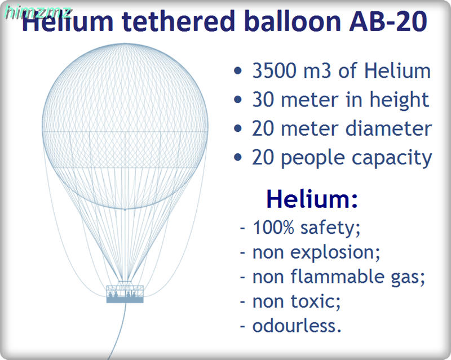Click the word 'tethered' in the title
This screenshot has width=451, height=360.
[178, 21]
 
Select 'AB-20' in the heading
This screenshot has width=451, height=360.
[388, 21]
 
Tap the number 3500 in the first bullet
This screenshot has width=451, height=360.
[274, 70]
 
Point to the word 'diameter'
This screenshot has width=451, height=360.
[388, 128]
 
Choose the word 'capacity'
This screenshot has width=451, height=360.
[392, 159]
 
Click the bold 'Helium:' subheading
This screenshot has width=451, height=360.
[312, 199]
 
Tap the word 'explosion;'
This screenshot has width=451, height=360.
[335, 253]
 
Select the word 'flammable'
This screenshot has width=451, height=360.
[337, 276]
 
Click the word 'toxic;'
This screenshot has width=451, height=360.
[316, 301]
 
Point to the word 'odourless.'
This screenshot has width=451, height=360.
[297, 326]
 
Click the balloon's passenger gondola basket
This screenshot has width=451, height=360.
[125, 294]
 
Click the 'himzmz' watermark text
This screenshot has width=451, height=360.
[37, 13]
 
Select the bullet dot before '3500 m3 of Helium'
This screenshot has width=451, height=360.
[237, 71]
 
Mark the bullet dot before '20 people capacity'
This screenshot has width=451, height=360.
[237, 157]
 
